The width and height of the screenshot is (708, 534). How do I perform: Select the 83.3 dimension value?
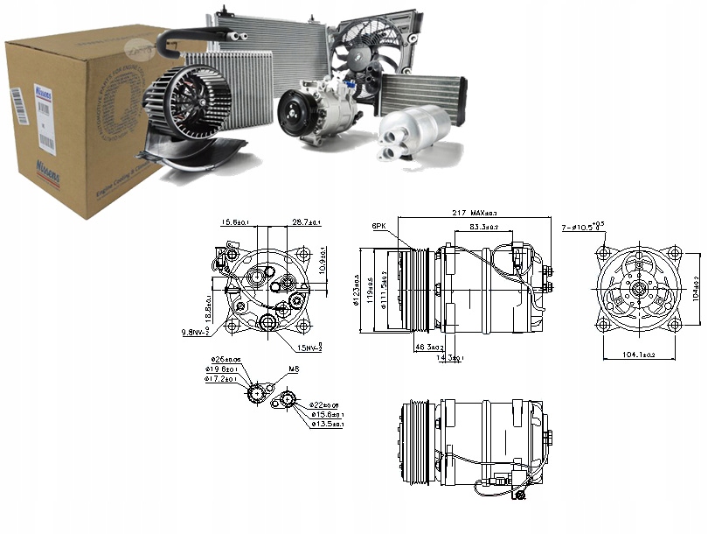[484, 227]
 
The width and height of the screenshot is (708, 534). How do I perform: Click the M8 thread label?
[293, 370]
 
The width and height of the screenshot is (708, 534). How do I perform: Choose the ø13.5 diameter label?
[328, 424]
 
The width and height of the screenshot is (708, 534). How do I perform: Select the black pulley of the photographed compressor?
[295, 116]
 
